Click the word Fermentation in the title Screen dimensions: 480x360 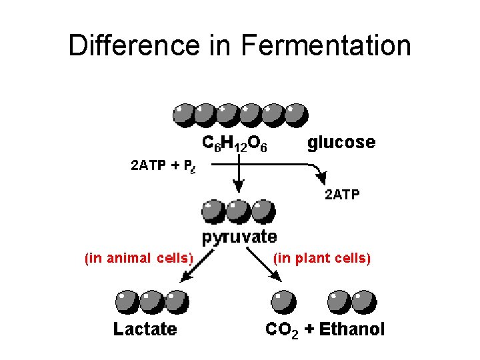pyautogui.click(x=326, y=45)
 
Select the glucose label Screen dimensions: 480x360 pyautogui.click(x=341, y=142)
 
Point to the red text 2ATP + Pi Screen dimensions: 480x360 pyautogui.click(x=163, y=166)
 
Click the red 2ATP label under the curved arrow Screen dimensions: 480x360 pyautogui.click(x=341, y=195)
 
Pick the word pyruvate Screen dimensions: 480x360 pyautogui.click(x=239, y=236)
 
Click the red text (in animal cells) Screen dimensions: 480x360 pyautogui.click(x=138, y=258)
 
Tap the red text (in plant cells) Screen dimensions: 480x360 pyautogui.click(x=323, y=258)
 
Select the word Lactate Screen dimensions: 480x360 pyautogui.click(x=145, y=329)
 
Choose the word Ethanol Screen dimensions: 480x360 pyautogui.click(x=352, y=329)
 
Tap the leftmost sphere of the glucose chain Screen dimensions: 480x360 pyautogui.click(x=185, y=114)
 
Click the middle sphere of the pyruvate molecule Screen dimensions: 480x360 pyautogui.click(x=238, y=212)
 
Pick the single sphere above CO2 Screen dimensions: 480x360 pyautogui.click(x=283, y=301)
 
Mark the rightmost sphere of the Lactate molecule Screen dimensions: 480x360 pyautogui.click(x=176, y=301)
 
